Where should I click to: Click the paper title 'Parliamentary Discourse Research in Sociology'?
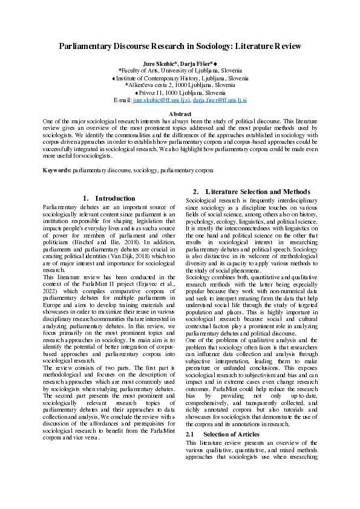180,46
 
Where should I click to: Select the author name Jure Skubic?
159,63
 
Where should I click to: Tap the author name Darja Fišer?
196,63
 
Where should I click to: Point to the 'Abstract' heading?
180,114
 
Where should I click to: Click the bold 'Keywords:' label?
57,170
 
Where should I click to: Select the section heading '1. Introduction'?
108,198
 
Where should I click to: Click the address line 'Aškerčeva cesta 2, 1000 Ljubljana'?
180,85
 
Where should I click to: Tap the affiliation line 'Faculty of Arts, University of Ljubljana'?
180,71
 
